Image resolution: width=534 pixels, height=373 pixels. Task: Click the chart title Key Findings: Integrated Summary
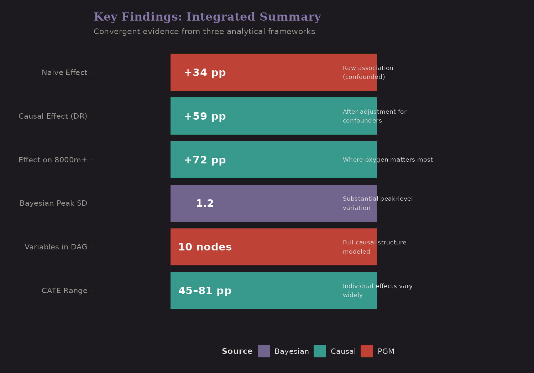[x=207, y=17]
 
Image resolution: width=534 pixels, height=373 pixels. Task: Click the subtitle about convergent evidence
[x=204, y=32]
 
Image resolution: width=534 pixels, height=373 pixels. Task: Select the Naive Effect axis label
[x=64, y=72]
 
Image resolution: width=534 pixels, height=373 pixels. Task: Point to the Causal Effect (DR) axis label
[x=53, y=116]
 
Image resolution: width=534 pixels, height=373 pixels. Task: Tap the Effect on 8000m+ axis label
[x=53, y=160]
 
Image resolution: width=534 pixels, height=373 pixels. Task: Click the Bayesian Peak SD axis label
[x=53, y=203]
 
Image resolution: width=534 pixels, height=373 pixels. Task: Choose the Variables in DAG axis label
[x=56, y=247]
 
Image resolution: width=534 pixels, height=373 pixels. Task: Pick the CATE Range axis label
[x=64, y=291]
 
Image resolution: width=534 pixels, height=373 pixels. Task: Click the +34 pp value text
[x=205, y=72]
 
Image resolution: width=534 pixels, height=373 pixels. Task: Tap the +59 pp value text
[x=205, y=116]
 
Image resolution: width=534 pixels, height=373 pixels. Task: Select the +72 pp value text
[x=205, y=160]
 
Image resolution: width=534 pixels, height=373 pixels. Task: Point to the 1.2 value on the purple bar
[x=205, y=203]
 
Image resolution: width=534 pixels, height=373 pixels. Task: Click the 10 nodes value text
[x=205, y=247]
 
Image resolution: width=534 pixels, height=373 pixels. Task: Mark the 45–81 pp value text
[x=205, y=291]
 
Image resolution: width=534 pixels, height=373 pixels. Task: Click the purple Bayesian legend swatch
[x=264, y=351]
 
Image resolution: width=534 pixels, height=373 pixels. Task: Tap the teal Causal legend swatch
[x=320, y=351]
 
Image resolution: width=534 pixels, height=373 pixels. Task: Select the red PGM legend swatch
[x=367, y=351]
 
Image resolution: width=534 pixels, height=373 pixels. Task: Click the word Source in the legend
[x=237, y=351]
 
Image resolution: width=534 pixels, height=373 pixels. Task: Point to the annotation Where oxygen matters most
[x=388, y=160]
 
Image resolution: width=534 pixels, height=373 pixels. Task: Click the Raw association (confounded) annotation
[x=368, y=72]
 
